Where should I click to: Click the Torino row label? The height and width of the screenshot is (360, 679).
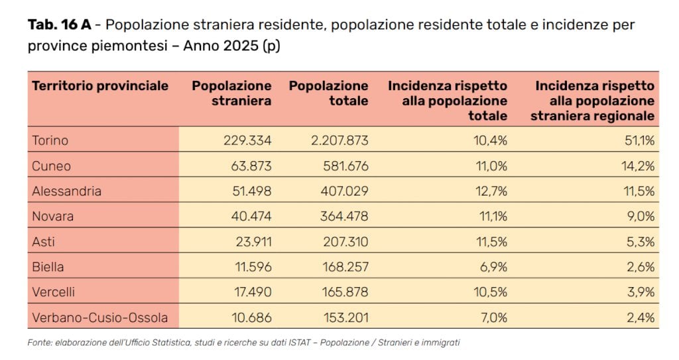coord(50,141)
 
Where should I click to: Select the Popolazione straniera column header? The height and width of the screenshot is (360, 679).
coord(231,93)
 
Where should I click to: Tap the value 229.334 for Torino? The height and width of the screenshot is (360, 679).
coord(247,141)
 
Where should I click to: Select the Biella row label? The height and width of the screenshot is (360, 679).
coord(48,267)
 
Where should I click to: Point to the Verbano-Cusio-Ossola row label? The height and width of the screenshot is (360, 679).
coord(99,318)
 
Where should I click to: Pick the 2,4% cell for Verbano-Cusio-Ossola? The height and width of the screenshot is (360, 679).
coord(641,318)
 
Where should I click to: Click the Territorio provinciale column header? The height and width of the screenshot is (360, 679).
coord(100,86)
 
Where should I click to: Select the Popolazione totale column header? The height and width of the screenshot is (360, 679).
coord(328,93)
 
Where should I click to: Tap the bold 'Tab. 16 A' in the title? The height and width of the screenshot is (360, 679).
coord(59,25)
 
